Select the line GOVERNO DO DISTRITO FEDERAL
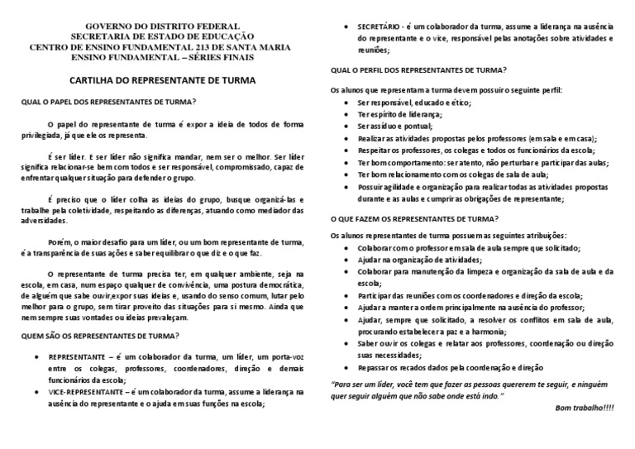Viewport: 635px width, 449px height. [x=161, y=26]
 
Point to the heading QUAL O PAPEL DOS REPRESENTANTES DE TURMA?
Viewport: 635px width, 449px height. [x=108, y=103]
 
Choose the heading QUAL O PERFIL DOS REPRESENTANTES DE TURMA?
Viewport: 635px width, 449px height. [x=418, y=70]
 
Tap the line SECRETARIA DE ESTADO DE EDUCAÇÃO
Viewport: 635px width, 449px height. [x=161, y=36]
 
